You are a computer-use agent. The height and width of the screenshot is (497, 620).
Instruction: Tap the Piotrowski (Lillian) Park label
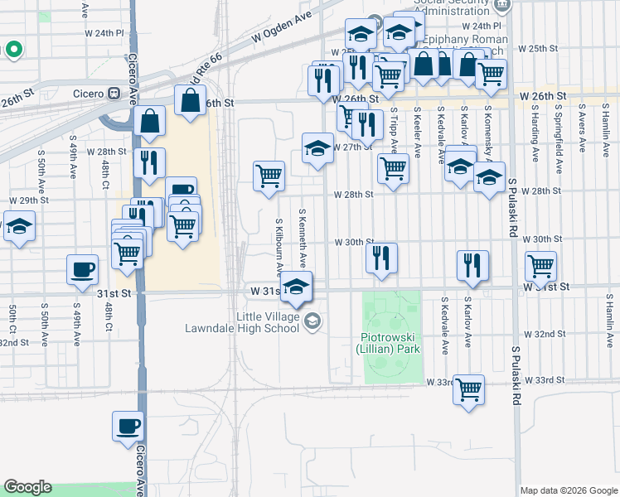(391, 343)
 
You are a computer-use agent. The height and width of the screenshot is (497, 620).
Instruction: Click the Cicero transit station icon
(114, 93)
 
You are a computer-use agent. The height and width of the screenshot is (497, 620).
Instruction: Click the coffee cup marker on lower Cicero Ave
(128, 426)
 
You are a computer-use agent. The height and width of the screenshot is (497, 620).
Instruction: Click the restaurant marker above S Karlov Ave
(472, 265)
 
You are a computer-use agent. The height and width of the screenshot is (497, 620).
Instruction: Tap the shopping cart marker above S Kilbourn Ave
(269, 176)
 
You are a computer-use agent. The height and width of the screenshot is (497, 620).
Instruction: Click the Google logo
(27, 487)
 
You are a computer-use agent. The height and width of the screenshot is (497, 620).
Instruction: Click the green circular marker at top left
(13, 50)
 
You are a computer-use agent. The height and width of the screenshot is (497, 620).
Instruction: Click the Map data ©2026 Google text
(569, 490)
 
